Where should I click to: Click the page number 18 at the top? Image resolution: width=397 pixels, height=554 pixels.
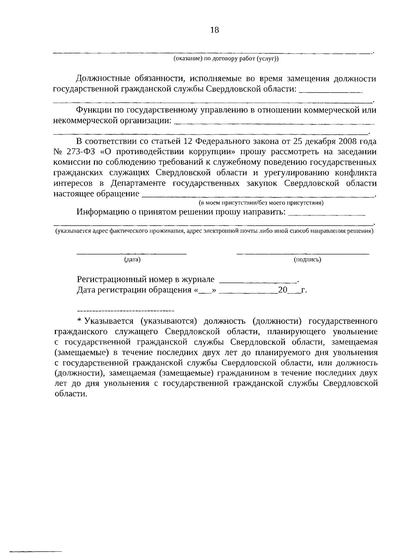pos(214,30)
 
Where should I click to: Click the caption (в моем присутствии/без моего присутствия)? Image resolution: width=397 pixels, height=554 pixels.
pos(261,203)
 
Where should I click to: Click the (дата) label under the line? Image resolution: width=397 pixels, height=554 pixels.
pos(132,260)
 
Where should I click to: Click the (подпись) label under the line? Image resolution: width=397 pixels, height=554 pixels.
pos(307,260)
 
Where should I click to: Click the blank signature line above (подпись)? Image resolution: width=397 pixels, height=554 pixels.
pos(303,254)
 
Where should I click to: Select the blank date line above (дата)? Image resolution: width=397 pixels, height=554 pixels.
pos(132,254)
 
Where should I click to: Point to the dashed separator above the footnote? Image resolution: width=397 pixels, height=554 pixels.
pos(126,311)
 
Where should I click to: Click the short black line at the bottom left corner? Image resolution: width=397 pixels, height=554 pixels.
pos(36,552)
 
